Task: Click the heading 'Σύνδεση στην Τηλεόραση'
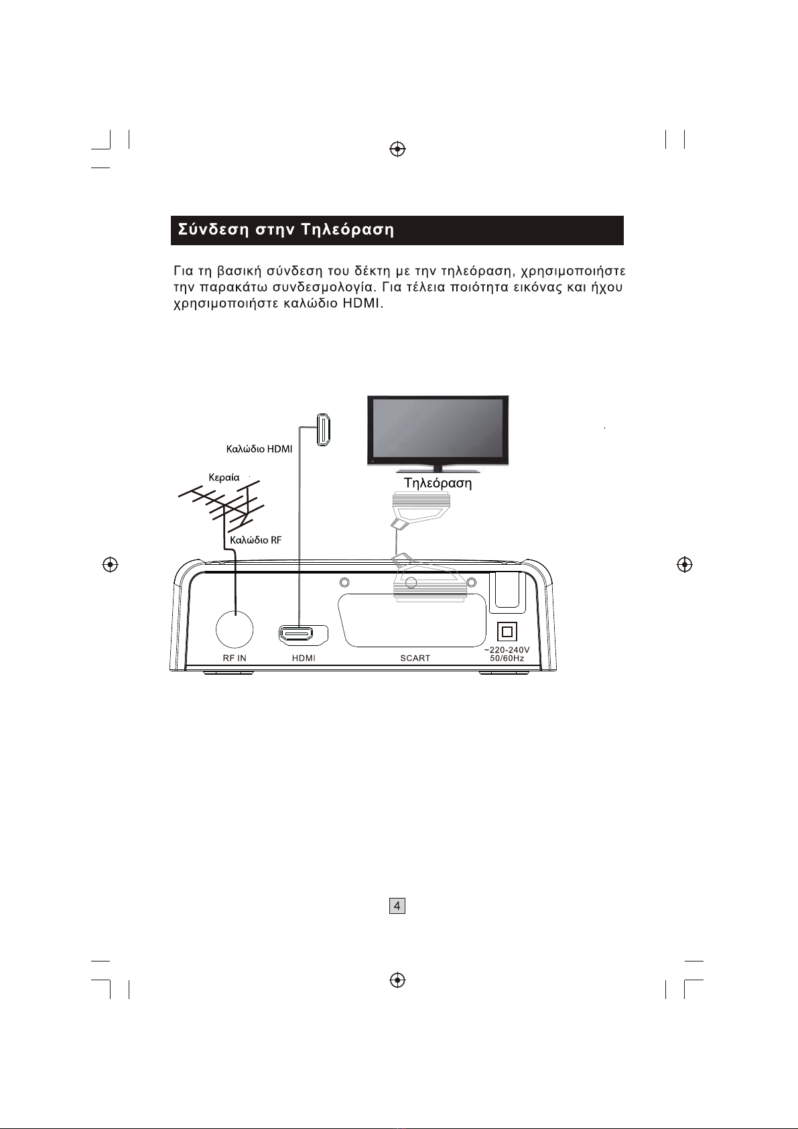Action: point(286,230)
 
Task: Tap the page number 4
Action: point(397,906)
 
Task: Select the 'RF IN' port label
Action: point(235,658)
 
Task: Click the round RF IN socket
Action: point(235,628)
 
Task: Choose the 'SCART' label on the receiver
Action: point(415,658)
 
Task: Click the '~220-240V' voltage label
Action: point(507,650)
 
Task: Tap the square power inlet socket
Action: point(507,632)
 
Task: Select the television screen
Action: point(438,429)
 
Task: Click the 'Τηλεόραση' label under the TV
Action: point(438,483)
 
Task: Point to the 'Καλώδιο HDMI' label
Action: point(259,449)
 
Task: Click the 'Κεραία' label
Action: point(224,478)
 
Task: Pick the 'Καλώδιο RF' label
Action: point(255,540)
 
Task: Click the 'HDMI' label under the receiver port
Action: point(304,658)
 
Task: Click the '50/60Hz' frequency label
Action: point(507,659)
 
